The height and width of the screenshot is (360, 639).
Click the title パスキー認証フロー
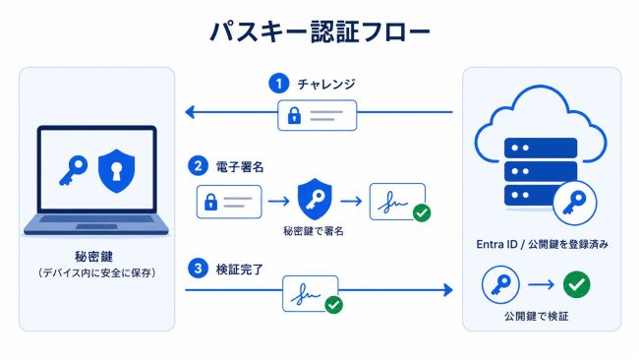(x=319, y=31)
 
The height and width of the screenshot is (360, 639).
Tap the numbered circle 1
(x=279, y=84)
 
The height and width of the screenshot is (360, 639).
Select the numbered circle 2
(x=198, y=166)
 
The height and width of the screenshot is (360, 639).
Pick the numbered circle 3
(x=198, y=269)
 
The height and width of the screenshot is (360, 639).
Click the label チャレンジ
(x=326, y=84)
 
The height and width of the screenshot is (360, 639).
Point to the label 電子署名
(x=240, y=167)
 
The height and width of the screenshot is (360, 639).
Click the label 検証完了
(x=240, y=270)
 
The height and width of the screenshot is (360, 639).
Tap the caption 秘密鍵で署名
(x=314, y=231)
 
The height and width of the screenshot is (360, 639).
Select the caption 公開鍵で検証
(x=537, y=316)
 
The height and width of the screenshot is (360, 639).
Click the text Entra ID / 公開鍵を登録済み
(x=543, y=244)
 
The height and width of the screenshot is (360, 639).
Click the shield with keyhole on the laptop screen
(x=117, y=171)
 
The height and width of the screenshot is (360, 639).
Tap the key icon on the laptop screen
(x=74, y=170)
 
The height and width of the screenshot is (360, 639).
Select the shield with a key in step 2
(x=315, y=199)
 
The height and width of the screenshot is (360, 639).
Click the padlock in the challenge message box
(x=294, y=115)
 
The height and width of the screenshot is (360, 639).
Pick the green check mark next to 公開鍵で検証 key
(x=576, y=284)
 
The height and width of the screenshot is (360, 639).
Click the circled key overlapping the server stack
(x=575, y=203)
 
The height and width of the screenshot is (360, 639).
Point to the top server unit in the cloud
(x=541, y=148)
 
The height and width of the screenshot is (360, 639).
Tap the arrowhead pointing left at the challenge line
(x=190, y=112)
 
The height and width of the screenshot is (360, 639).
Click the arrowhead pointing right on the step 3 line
(x=448, y=290)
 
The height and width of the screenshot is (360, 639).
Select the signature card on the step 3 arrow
(x=311, y=293)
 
